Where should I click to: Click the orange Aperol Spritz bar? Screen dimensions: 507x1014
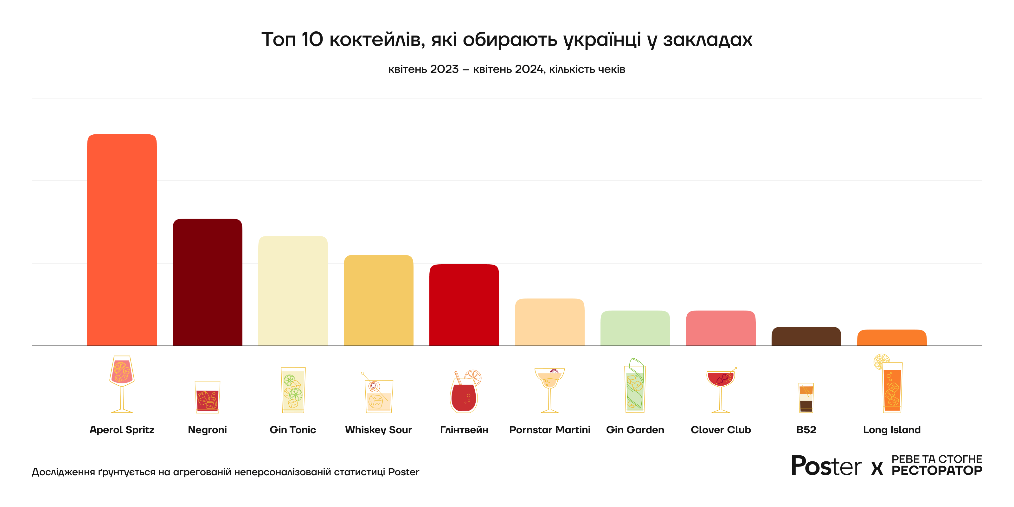pyautogui.click(x=122, y=240)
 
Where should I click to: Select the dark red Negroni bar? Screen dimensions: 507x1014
pyautogui.click(x=208, y=282)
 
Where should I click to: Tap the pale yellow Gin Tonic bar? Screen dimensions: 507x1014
pyautogui.click(x=293, y=291)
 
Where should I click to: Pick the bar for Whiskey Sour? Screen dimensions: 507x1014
pyautogui.click(x=378, y=300)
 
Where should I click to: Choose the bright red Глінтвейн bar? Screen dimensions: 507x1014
pyautogui.click(x=464, y=305)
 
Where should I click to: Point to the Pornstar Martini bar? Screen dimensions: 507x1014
pyautogui.click(x=549, y=322)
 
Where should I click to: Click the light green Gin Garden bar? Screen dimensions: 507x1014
pyautogui.click(x=635, y=328)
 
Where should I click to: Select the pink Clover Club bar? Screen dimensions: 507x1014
pyautogui.click(x=721, y=328)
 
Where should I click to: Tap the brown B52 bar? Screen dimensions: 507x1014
pyautogui.click(x=806, y=336)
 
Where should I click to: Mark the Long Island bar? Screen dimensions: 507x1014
pyautogui.click(x=892, y=338)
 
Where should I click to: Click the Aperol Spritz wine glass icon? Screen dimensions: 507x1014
pyautogui.click(x=122, y=384)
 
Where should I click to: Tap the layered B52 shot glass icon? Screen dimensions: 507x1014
pyautogui.click(x=806, y=398)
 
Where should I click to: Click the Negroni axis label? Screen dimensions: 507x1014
pyautogui.click(x=208, y=430)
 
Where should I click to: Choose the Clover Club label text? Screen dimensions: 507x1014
pyautogui.click(x=721, y=430)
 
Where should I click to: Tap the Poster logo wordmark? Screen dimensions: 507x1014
pyautogui.click(x=826, y=466)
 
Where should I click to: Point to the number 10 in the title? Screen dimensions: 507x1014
pyautogui.click(x=312, y=39)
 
